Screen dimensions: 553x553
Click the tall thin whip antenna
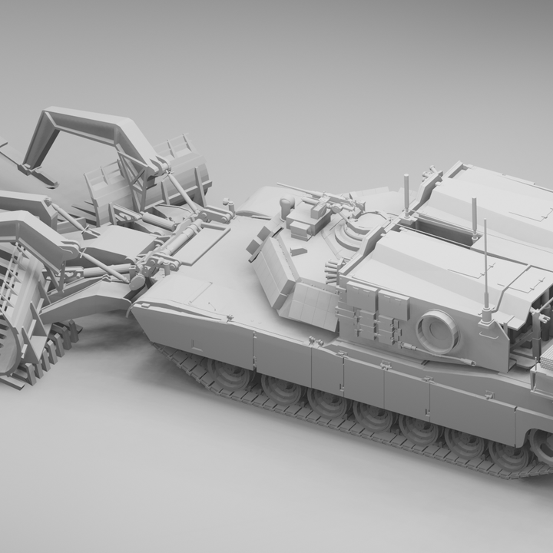pos(485,261)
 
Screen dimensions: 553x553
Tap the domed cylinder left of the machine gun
pos(287,205)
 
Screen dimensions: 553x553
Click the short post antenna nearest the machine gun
pos(406,194)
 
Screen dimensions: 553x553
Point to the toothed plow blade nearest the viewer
pos(19,292)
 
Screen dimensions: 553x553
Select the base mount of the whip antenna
pos(485,315)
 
